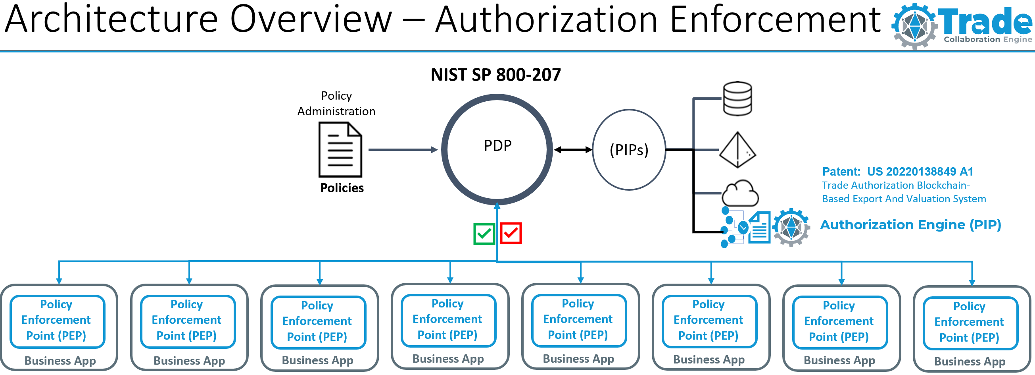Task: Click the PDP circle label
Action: coord(497,146)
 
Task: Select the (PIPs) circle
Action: coord(629,150)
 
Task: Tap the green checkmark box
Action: coord(484,233)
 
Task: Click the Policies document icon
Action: coord(340,150)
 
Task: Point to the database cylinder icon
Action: coord(737,99)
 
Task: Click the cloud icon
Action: coord(740,194)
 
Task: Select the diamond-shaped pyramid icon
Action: coord(737,150)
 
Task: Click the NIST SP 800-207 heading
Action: coord(495,75)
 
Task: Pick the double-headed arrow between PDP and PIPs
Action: coord(572,150)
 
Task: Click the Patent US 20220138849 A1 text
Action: coord(897,172)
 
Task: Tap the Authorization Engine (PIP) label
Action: coord(910,224)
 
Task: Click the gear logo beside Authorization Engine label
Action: coord(791,227)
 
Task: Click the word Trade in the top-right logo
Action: coord(984,22)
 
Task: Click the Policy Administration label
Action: coord(336,103)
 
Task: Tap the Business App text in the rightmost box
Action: coord(970,361)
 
